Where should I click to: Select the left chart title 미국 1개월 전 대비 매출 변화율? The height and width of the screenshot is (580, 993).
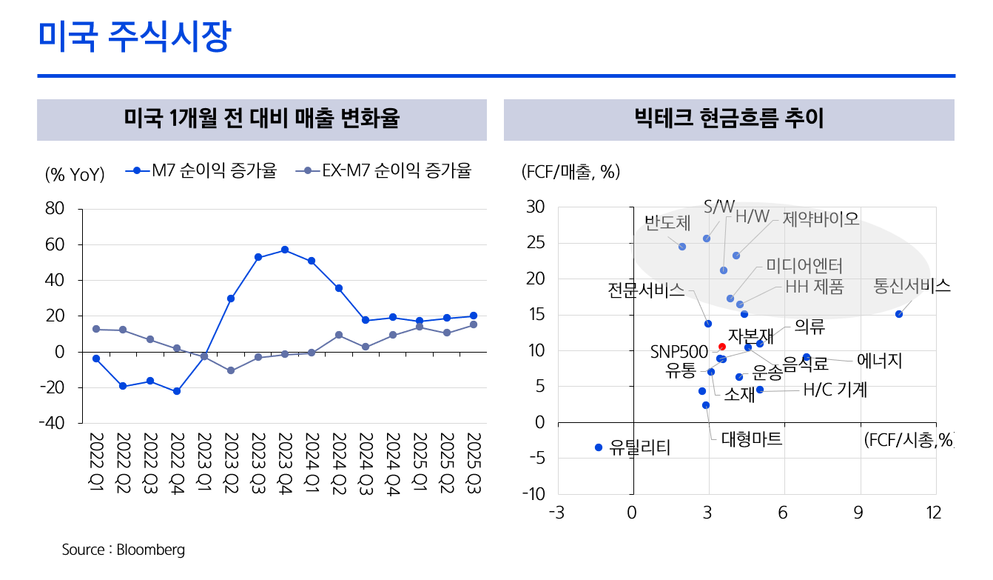261,119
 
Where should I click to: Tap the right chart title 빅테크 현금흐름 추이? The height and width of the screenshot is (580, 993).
729,119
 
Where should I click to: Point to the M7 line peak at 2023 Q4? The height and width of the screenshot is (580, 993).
284,250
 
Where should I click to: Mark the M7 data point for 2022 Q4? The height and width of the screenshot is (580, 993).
177,391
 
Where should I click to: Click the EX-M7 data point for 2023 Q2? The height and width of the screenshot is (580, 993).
231,370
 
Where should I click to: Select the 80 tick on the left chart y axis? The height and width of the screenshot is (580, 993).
55,209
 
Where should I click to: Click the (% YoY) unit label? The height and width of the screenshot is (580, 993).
75,174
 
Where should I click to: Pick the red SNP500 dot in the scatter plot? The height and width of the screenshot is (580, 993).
722,347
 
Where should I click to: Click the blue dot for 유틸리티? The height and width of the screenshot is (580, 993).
599,447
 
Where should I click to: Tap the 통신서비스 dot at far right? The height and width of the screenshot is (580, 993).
899,314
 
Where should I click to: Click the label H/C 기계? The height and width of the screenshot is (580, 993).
835,390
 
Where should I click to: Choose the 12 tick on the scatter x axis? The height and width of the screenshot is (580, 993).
935,513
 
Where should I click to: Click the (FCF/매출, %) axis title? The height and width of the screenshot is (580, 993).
570,173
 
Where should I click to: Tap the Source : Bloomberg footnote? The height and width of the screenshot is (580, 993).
123,550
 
